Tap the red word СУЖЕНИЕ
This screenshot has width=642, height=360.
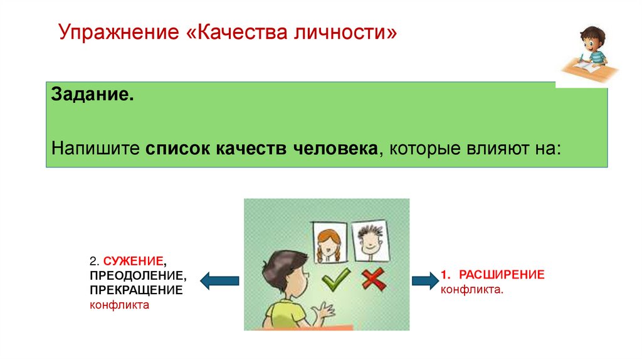[x=134, y=260]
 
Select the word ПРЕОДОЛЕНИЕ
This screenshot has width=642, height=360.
[x=137, y=275]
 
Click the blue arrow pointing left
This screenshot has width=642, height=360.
[x=219, y=279]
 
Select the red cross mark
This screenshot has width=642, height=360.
[x=374, y=279]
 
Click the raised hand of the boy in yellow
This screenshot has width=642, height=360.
[x=325, y=310]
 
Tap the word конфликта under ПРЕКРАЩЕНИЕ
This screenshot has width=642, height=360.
[x=119, y=305]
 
